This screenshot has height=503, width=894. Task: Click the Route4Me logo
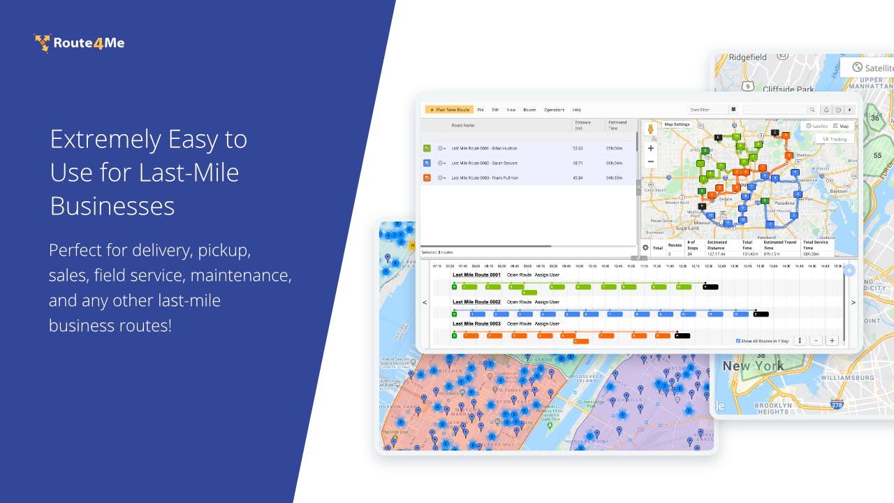coord(80,43)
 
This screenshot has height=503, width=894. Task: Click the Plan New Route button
coord(449,110)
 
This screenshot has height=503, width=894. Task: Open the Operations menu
coord(554,110)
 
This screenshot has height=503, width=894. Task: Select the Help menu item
coord(577,110)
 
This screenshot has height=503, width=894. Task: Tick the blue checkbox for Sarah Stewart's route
coord(427,163)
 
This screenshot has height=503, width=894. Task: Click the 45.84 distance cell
coord(578,177)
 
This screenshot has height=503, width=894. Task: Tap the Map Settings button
coord(676,124)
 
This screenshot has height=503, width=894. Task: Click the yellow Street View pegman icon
coord(650,129)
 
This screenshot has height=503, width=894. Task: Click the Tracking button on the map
coord(835,139)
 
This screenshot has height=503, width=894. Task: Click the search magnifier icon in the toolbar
coord(812,110)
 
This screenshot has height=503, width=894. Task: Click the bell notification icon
coord(826,110)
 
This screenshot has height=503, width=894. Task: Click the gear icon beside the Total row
coord(645,247)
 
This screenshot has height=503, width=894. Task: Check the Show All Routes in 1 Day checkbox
coord(738,341)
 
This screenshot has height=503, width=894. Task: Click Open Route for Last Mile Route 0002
coord(519,302)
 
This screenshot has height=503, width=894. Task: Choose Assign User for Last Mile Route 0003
coord(547,323)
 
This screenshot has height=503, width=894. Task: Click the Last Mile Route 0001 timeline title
coord(476,275)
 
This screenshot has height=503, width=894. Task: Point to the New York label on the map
coord(753,366)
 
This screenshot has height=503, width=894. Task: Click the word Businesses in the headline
coord(112,205)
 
